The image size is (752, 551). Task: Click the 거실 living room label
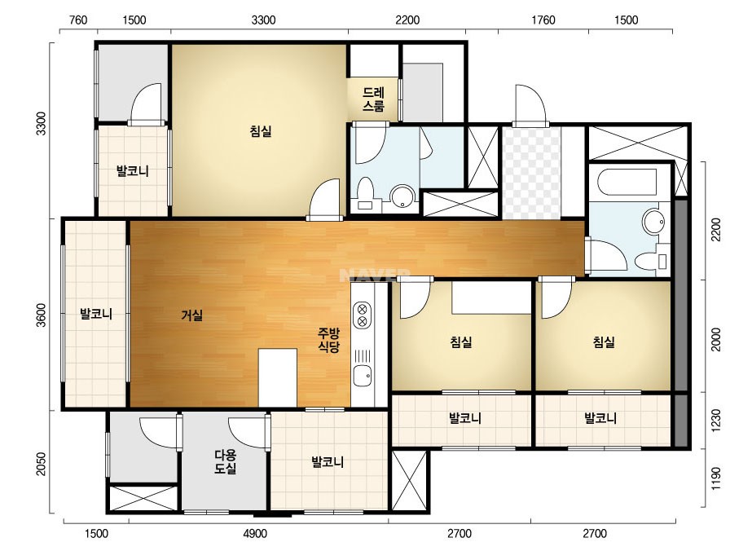coord(191,315)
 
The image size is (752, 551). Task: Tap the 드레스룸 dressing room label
coord(373,99)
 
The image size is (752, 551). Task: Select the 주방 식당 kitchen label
coord(329,340)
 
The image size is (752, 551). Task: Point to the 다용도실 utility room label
coord(226,461)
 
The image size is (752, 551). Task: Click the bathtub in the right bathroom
coord(627,182)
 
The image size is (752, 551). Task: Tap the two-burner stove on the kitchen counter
coord(363,315)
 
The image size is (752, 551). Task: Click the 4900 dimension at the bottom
coord(255,534)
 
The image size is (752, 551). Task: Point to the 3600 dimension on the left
coord(42,315)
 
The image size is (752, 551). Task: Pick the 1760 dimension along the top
coord(543,20)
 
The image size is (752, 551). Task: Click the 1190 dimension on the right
coord(715,478)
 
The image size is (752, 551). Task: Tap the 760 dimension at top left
coord(78,20)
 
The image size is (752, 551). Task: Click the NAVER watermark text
coord(375,275)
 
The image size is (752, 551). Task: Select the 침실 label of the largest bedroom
coord(261,130)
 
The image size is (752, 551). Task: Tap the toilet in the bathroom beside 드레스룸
coord(366,193)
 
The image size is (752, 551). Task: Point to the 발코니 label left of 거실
coord(96,315)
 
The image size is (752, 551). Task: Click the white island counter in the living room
coord(278,377)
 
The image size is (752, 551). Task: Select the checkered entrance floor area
coord(531,174)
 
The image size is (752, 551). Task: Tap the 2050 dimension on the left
coord(42,464)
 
